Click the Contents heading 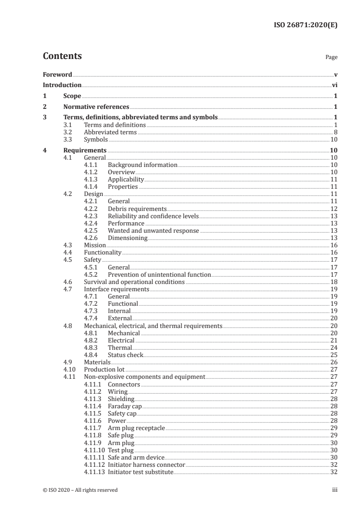pos(62,56)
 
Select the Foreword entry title pos(57,74)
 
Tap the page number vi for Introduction pos(334,85)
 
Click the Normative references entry pos(96,107)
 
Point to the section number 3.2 pos(68,132)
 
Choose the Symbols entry pos(96,140)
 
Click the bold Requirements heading pos(85,150)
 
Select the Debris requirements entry pos(137,209)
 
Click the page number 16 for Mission pos(333,245)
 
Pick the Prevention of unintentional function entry pos(159,274)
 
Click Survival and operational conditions pos(134,282)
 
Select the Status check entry pos(125,355)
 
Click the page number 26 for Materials pos(333,362)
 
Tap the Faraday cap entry pos(125,406)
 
